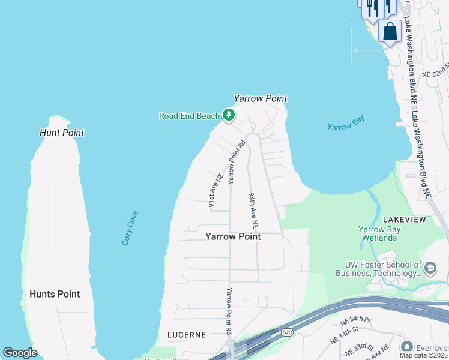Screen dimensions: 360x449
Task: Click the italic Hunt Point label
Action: (62, 133)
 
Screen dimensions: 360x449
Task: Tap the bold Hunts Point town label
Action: (55, 294)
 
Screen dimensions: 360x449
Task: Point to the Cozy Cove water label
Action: (130, 227)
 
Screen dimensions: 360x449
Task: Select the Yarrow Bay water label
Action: (346, 123)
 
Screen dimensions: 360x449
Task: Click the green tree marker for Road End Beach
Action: (228, 115)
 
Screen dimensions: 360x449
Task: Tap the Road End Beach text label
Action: (189, 116)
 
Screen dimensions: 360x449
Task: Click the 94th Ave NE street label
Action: (253, 211)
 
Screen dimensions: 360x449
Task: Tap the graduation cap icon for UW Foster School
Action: (430, 267)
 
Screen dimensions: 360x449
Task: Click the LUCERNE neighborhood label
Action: (186, 334)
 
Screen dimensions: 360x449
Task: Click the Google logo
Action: (20, 352)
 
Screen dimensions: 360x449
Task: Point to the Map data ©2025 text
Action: (424, 355)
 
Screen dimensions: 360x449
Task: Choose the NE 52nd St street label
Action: (436, 70)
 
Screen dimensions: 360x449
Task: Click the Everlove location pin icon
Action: (406, 347)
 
